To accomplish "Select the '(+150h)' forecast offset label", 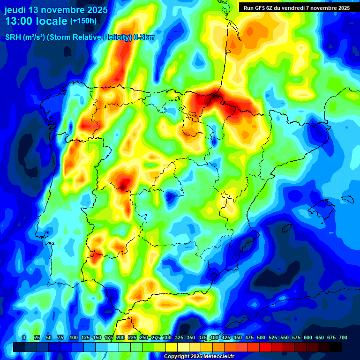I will (83, 21).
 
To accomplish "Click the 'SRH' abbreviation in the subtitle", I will (13, 38).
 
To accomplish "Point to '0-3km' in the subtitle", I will (144, 38).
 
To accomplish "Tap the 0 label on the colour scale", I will (24, 337).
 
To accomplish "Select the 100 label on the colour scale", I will (74, 337).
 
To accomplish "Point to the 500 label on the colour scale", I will (261, 337).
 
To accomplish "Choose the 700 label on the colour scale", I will (343, 337).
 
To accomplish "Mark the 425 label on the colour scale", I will (226, 337).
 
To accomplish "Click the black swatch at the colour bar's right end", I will (336, 347).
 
